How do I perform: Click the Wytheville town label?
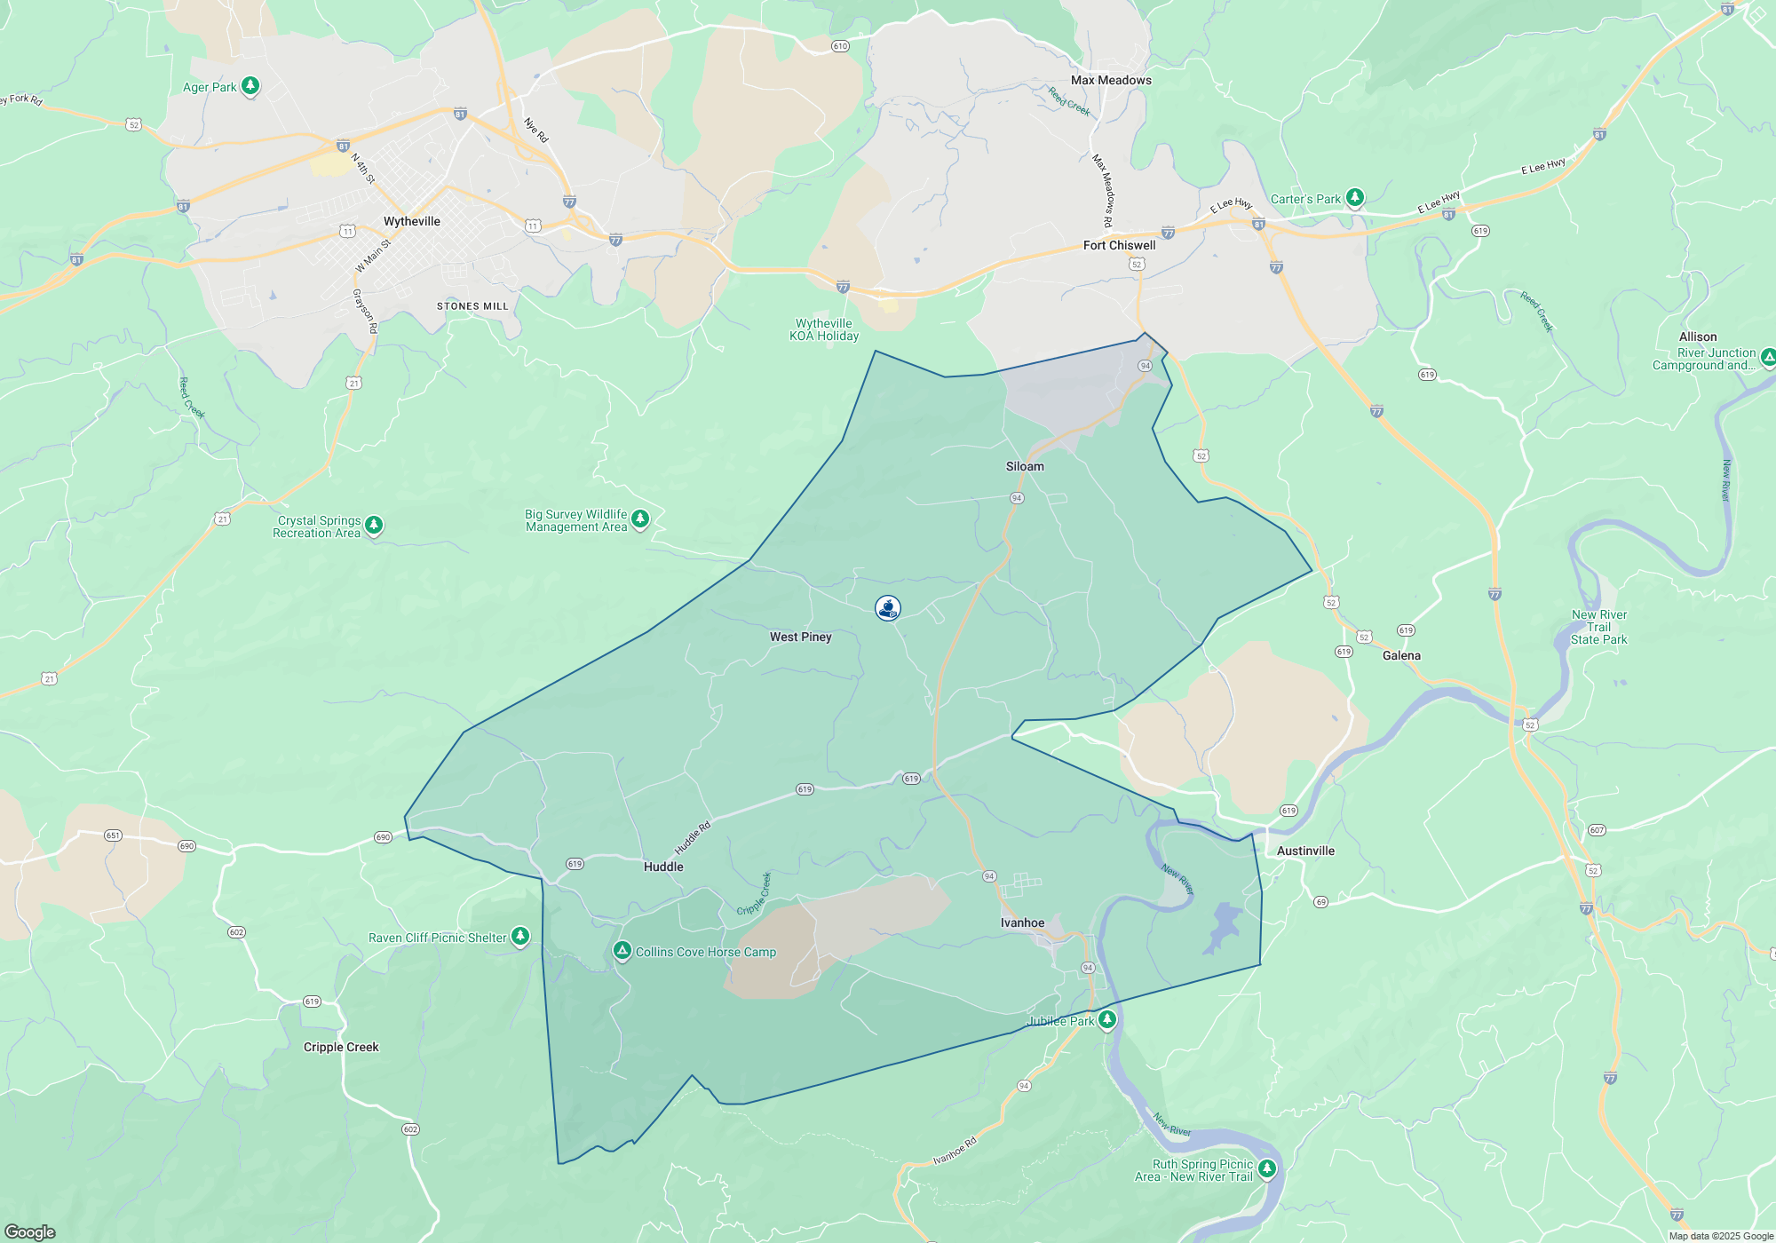pyautogui.click(x=411, y=221)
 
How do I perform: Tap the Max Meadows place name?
pyautogui.click(x=1111, y=80)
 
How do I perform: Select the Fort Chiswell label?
pyautogui.click(x=1119, y=245)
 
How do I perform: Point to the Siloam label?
pyautogui.click(x=1025, y=466)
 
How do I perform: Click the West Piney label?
pyautogui.click(x=800, y=637)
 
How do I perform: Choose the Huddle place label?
pyautogui.click(x=663, y=867)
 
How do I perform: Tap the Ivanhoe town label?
pyautogui.click(x=1022, y=922)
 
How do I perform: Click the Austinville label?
pyautogui.click(x=1305, y=851)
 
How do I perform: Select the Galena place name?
pyautogui.click(x=1401, y=655)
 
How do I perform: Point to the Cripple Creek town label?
pyautogui.click(x=341, y=1047)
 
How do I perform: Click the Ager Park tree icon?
pyautogui.click(x=250, y=85)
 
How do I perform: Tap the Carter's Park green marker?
pyautogui.click(x=1354, y=197)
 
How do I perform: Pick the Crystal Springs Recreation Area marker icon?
pyautogui.click(x=374, y=525)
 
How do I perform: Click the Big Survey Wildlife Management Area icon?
pyautogui.click(x=639, y=518)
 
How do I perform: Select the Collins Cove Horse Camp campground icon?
pyautogui.click(x=622, y=952)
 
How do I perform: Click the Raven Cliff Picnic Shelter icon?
pyautogui.click(x=520, y=936)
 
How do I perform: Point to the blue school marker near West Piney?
pyautogui.click(x=888, y=607)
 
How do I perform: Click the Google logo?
pyautogui.click(x=29, y=1232)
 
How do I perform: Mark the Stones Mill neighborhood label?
pyautogui.click(x=472, y=306)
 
